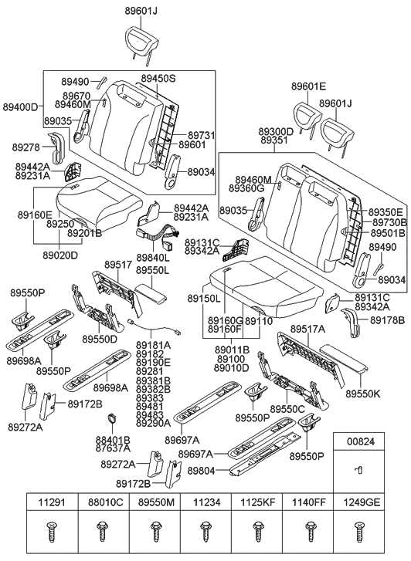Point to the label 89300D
pyautogui.click(x=276, y=132)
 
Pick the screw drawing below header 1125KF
pyautogui.click(x=256, y=532)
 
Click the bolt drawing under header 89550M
pyautogui.click(x=154, y=532)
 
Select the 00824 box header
pyautogui.click(x=358, y=442)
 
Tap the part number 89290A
pyautogui.click(x=154, y=424)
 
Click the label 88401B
pyautogui.click(x=113, y=440)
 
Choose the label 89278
pyautogui.click(x=27, y=147)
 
